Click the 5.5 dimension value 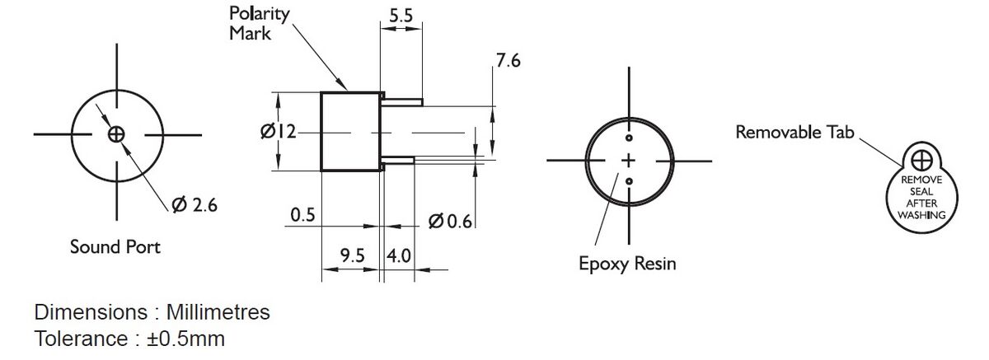coord(401,16)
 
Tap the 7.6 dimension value coord(509,60)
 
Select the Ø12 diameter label coord(279,132)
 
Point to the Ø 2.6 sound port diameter coord(195,204)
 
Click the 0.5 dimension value coord(303,215)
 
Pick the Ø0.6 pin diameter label coord(450,221)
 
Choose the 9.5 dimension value coord(353,255)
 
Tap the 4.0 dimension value coord(399,256)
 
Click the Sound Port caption coord(115,246)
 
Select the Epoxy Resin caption coord(627,264)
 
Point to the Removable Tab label coord(794,132)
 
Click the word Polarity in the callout coord(259,14)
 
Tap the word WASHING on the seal coord(922,215)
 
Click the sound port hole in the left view coord(116,134)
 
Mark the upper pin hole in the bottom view coord(629,138)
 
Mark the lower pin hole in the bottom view coord(629,181)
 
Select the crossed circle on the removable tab coord(921,160)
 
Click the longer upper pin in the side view coord(402,102)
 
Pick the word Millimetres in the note coord(218,312)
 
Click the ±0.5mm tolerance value coord(186,339)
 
